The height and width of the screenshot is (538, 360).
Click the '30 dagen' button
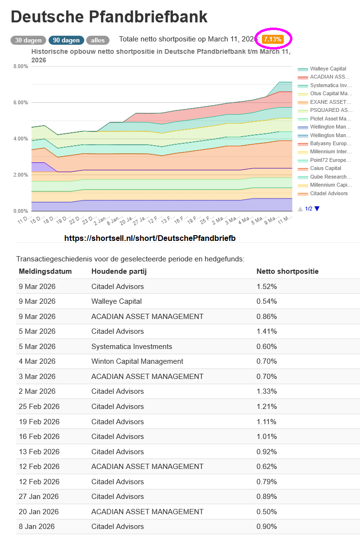(28, 40)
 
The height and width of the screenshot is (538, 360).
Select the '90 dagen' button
(66, 40)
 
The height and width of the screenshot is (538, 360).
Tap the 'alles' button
(98, 40)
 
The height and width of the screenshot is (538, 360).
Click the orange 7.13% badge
(273, 39)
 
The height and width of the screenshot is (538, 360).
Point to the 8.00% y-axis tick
(21, 66)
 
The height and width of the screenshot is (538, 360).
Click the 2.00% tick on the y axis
(21, 175)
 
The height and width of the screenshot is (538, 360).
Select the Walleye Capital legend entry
(328, 69)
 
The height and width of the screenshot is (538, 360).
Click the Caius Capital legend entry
(325, 169)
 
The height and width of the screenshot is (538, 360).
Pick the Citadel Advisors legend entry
(329, 193)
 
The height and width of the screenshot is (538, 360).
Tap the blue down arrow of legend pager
(317, 209)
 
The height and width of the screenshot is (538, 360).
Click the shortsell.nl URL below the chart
(150, 238)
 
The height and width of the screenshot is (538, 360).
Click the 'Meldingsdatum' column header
(45, 271)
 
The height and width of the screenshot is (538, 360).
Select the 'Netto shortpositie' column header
(287, 271)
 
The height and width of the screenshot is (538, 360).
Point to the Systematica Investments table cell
(131, 346)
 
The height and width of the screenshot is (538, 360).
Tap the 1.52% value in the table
(267, 286)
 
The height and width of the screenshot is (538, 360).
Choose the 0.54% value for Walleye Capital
(267, 301)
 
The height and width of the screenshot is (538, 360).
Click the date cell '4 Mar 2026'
(37, 361)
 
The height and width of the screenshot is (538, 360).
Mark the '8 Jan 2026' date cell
(37, 527)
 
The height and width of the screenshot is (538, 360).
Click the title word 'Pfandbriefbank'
(146, 17)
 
